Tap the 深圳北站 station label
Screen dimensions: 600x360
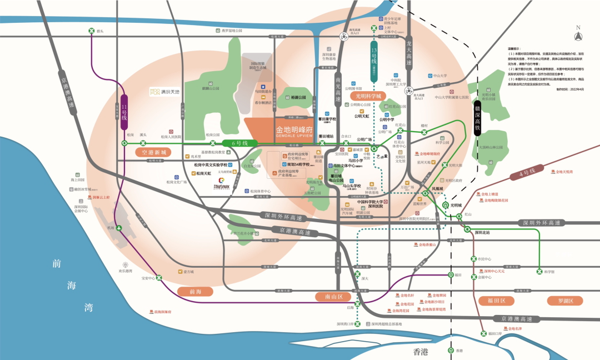coord(481,232)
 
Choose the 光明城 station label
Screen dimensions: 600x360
coord(457,205)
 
